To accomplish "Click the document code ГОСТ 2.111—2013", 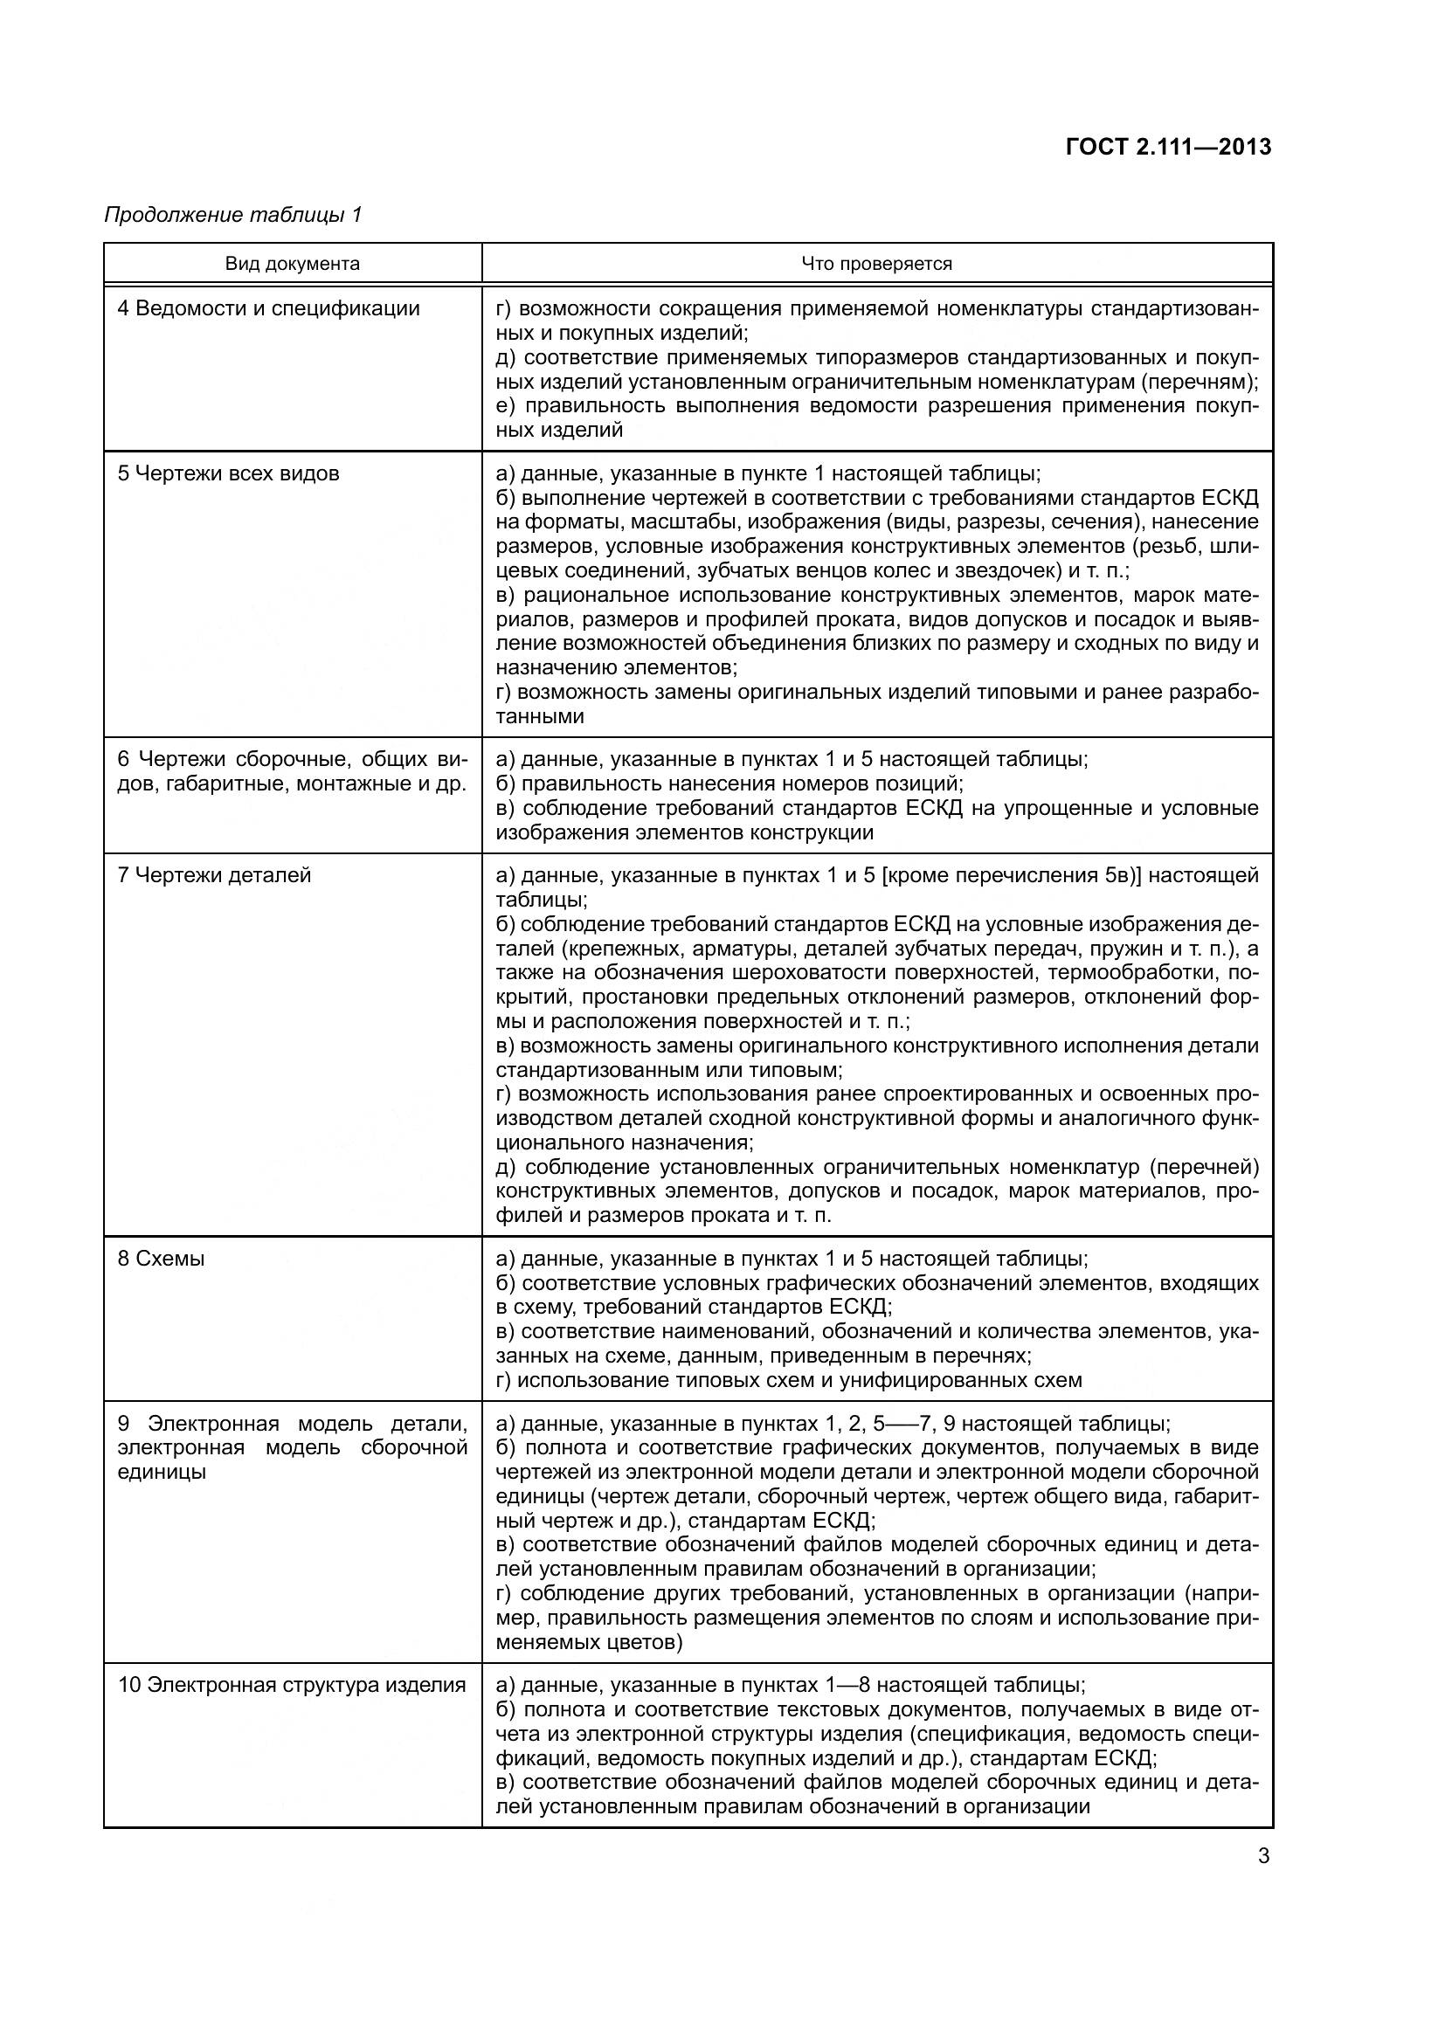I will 1168,148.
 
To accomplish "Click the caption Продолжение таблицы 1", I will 233,216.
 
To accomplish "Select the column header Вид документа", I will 292,264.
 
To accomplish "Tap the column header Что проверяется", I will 876,264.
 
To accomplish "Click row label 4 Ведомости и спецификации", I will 269,308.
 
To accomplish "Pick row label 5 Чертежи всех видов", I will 229,473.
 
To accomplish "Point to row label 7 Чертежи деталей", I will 214,875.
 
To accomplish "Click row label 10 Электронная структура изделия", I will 292,1685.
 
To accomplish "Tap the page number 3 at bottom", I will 1263,1856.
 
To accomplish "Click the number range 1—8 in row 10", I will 851,1685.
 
